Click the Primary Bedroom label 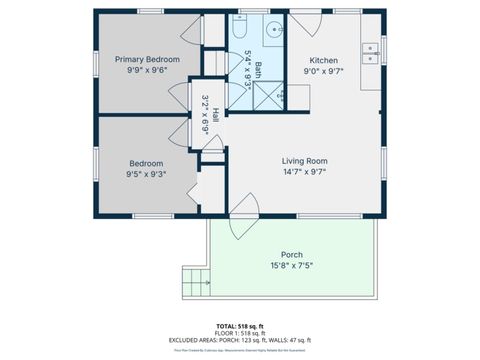[147, 60]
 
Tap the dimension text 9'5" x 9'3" [146, 175]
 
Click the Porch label [292, 254]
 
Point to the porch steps [195, 283]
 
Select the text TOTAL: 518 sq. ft [239, 325]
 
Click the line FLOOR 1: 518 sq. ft [239, 333]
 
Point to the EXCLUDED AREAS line [239, 341]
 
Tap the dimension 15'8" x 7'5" [292, 266]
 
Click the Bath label [257, 70]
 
